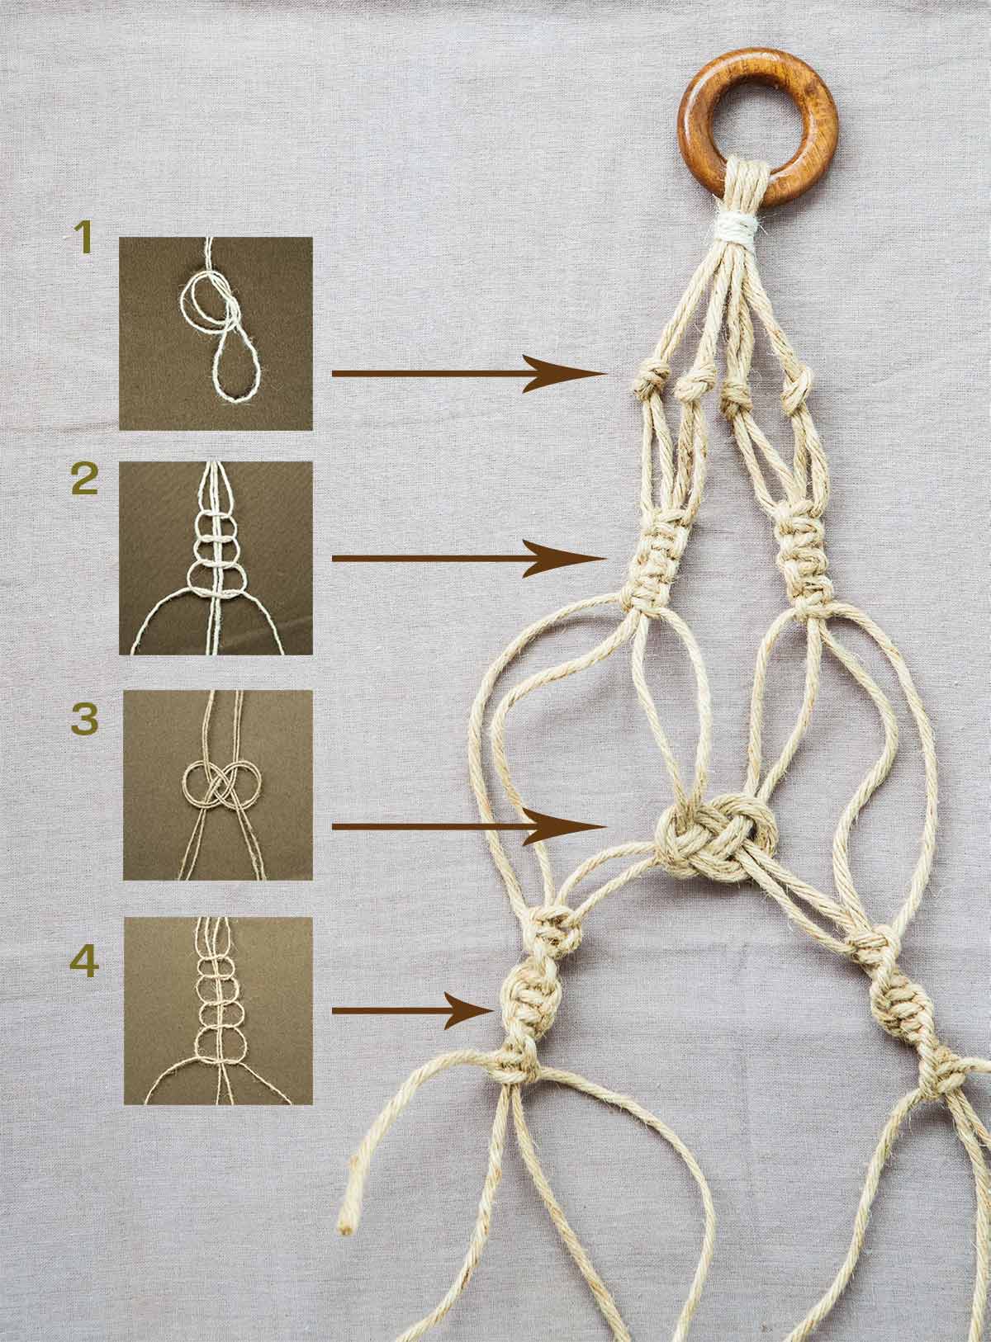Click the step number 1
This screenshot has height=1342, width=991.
click(x=83, y=237)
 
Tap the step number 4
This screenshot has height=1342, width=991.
click(x=84, y=961)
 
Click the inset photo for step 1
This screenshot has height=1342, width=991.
click(x=216, y=333)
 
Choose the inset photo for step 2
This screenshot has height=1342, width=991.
click(x=216, y=558)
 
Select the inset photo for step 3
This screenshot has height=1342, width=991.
click(x=218, y=785)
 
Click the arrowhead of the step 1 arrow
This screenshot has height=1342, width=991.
click(x=566, y=374)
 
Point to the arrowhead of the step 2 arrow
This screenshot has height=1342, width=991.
click(x=566, y=558)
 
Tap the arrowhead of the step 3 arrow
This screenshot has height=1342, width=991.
click(x=566, y=826)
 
